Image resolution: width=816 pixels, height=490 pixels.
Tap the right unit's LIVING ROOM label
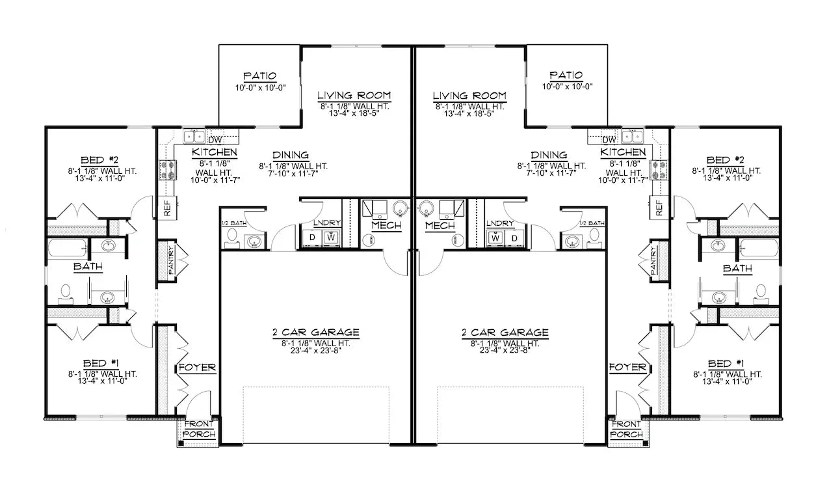tap(469, 96)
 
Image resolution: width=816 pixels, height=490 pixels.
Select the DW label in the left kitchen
tap(214, 139)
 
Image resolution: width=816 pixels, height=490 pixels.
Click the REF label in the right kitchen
tap(660, 208)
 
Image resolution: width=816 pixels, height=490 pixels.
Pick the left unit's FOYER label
tap(197, 368)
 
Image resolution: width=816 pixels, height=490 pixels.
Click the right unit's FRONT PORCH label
tap(627, 429)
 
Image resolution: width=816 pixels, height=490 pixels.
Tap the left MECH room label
tap(386, 226)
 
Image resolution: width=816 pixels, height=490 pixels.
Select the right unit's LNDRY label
tap(500, 223)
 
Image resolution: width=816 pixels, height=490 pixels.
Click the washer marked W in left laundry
tap(331, 238)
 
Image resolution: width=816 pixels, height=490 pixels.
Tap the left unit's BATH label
tap(87, 267)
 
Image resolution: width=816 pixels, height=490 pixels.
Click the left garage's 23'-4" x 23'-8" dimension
tap(315, 352)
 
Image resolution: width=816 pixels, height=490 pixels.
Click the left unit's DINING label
tap(291, 156)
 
